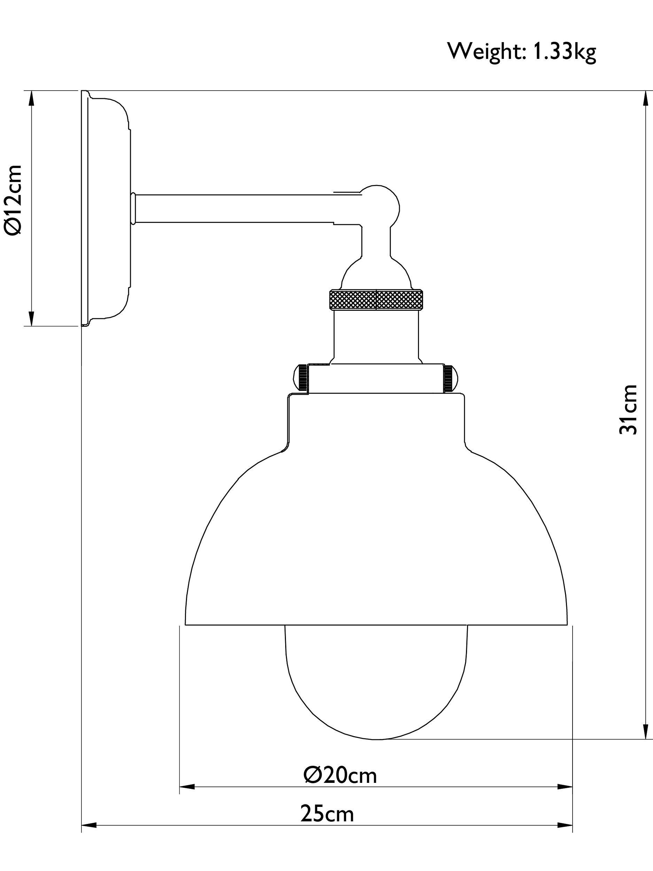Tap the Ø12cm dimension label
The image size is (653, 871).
[x=13, y=200]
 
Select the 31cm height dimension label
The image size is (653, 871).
[x=628, y=409]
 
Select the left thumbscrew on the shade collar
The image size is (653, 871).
[x=301, y=378]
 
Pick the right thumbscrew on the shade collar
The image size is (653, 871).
[x=451, y=378]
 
